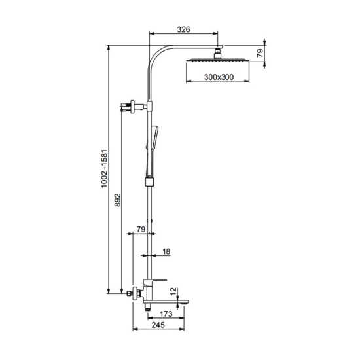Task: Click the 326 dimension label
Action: pyautogui.click(x=184, y=29)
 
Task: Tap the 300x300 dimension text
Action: pyautogui.click(x=219, y=77)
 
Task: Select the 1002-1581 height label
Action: pyautogui.click(x=105, y=169)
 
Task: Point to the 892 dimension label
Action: pyautogui.click(x=118, y=200)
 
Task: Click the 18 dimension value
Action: pyautogui.click(x=166, y=251)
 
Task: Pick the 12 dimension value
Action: pyautogui.click(x=174, y=291)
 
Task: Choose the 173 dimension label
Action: pyautogui.click(x=166, y=314)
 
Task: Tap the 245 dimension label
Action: pyautogui.click(x=158, y=325)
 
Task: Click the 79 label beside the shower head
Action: pyautogui.click(x=260, y=54)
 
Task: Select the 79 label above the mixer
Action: pyautogui.click(x=141, y=229)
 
